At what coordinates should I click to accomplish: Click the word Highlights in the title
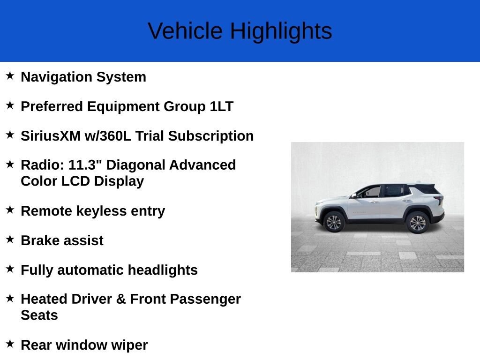(x=281, y=31)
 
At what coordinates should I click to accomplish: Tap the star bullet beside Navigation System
(x=10, y=75)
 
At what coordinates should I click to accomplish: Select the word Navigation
(x=56, y=77)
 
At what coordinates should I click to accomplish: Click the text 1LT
(x=222, y=106)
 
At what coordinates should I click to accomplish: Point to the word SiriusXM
(x=51, y=136)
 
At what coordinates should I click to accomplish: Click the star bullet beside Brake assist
(x=10, y=239)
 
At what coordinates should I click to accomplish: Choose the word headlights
(x=163, y=270)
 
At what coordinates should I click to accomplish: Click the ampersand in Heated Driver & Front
(x=121, y=299)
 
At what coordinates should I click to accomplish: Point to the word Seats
(x=39, y=315)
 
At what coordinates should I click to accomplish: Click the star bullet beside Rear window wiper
(x=10, y=344)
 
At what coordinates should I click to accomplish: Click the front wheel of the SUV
(x=334, y=222)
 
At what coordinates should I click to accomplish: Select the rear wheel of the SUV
(x=418, y=223)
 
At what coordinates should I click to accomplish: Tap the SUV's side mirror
(x=354, y=195)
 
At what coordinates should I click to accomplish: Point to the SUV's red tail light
(x=440, y=200)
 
